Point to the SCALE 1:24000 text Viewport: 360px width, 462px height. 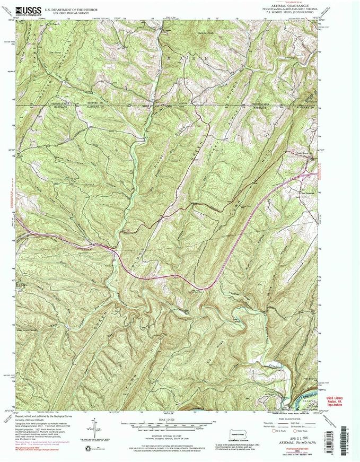[166, 420]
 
